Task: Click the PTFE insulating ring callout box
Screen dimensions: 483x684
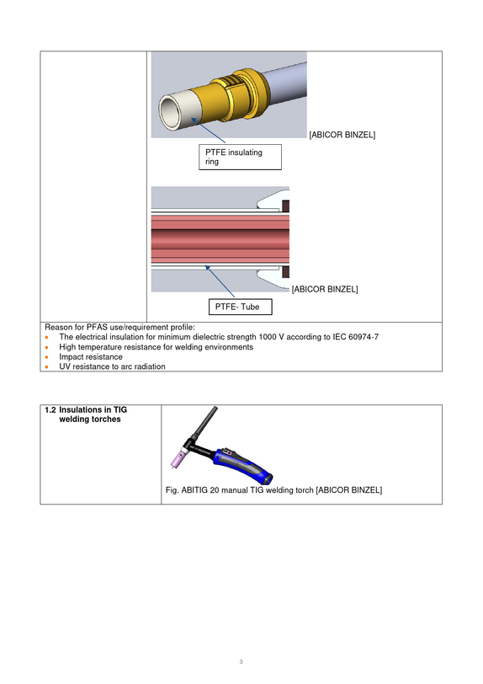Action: tap(240, 157)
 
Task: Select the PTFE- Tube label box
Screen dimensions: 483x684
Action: tap(240, 307)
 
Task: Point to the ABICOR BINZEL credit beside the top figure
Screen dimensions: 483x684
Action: tap(342, 135)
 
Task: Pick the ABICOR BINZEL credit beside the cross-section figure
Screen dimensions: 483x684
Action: tap(325, 289)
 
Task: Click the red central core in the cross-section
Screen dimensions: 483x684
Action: tap(220, 239)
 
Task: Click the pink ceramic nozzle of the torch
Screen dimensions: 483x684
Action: tap(178, 459)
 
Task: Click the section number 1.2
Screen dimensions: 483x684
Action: tap(50, 410)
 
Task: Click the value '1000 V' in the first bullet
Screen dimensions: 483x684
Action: tap(272, 337)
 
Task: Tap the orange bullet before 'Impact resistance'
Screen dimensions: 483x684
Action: tap(46, 357)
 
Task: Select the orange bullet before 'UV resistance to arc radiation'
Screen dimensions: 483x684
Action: tap(46, 367)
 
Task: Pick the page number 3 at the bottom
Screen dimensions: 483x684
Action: tap(241, 662)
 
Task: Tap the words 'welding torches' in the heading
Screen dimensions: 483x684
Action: tap(90, 419)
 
